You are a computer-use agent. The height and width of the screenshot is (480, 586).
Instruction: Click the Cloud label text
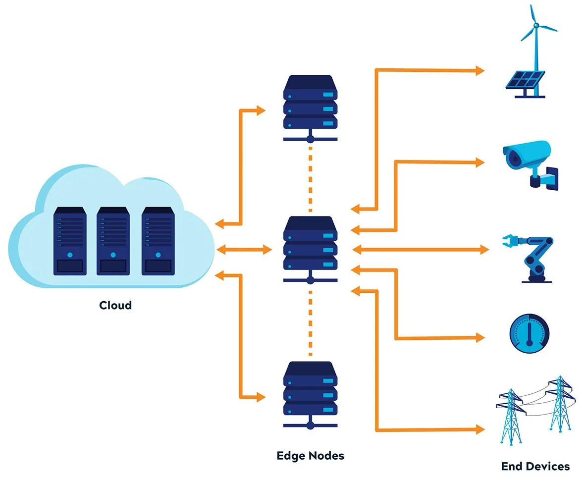[x=115, y=305]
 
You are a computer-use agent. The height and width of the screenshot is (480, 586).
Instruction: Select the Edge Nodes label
[x=310, y=455]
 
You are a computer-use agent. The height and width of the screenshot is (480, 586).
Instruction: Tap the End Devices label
[x=535, y=466]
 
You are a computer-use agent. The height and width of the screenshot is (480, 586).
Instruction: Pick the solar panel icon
[x=524, y=81]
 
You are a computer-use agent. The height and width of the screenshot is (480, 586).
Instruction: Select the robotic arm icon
[x=533, y=257]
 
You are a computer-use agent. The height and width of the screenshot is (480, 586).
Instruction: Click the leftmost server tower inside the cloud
[x=70, y=240]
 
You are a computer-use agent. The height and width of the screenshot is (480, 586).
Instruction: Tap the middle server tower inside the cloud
[x=113, y=240]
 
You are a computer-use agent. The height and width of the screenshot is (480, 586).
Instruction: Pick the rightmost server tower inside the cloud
[x=158, y=240]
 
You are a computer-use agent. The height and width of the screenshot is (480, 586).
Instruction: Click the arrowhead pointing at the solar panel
[x=479, y=71]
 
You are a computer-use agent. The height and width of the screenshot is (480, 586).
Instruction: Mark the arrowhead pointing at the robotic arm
[x=484, y=250]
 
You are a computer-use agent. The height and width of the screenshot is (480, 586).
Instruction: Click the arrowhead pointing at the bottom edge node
[x=261, y=397]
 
